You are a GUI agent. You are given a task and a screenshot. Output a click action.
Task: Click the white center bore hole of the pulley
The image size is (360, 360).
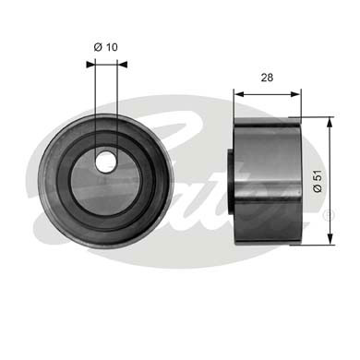[x=106, y=161]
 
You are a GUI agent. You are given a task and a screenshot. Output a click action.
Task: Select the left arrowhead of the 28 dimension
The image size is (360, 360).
[x=236, y=93]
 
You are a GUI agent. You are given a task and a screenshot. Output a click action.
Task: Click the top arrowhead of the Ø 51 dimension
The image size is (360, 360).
[x=330, y=121]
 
